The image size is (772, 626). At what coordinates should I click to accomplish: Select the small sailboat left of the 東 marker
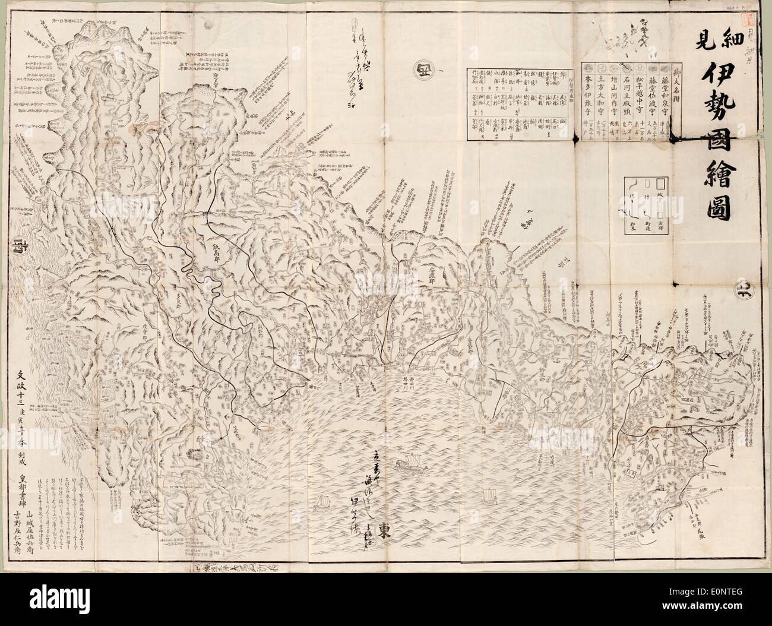pos(324,501)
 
